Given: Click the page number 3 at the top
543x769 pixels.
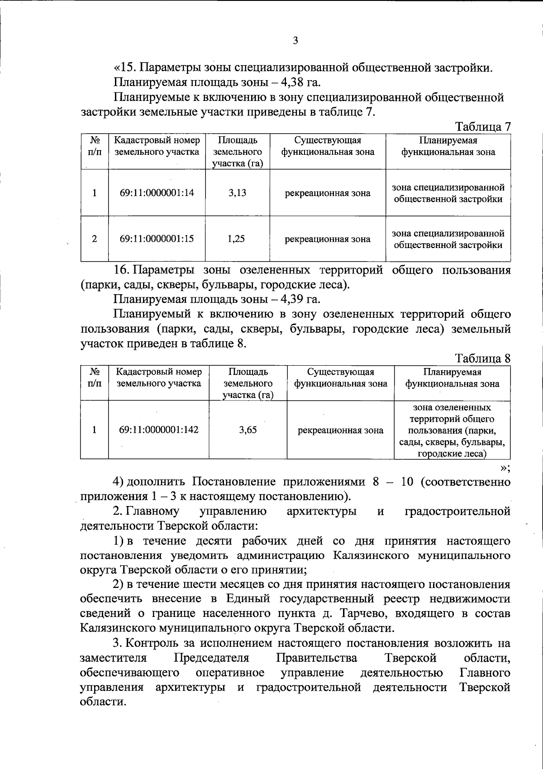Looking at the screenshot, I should point(295,41).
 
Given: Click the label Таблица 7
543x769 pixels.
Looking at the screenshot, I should point(482,126).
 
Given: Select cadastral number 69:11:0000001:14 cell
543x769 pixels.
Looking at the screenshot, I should point(157,193).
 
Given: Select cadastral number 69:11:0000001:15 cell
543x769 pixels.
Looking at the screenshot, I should point(157,239).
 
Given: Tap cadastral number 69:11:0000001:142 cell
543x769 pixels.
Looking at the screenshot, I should point(158,430).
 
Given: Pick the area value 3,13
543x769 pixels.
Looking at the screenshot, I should point(237,193).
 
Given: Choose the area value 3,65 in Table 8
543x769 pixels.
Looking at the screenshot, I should point(248,430).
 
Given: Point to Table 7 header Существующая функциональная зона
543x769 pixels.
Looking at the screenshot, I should point(328,146).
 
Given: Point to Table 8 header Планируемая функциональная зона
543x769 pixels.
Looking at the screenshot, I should point(452,378).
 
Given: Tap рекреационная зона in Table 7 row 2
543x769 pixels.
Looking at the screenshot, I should point(327,239).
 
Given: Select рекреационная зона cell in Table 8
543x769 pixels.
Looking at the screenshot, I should point(340,430).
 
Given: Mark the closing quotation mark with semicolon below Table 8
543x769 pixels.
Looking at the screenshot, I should point(505,468).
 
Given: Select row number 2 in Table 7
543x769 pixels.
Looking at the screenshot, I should point(94,239).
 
